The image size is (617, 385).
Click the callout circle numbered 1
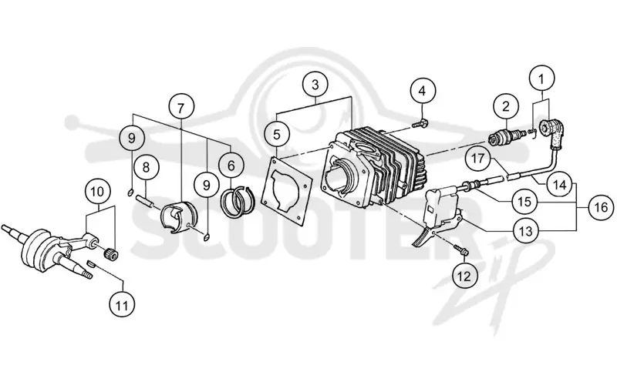tap(541, 79)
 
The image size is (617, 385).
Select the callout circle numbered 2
tap(506, 105)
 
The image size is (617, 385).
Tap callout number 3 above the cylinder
tap(315, 85)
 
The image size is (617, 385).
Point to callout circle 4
tap(422, 91)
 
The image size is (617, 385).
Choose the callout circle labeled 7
tap(181, 107)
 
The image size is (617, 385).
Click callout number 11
tap(122, 305)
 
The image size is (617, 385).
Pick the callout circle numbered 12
tap(464, 276)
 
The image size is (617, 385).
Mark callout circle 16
tap(601, 207)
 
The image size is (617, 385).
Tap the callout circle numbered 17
tap(478, 159)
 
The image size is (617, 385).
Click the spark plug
tap(507, 137)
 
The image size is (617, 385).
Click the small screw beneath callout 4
tap(420, 123)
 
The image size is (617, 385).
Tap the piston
tap(178, 217)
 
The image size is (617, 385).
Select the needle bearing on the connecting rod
tap(111, 253)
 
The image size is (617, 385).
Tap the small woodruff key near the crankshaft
tap(90, 263)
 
